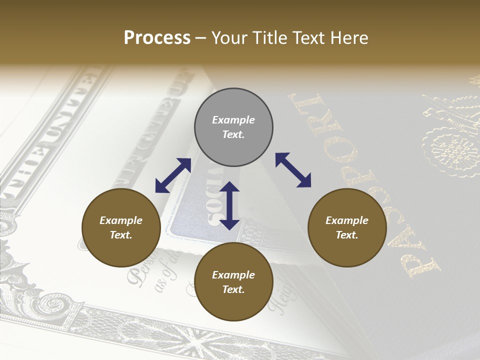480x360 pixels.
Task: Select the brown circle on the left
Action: (x=121, y=227)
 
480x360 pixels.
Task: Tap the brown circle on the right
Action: (x=347, y=227)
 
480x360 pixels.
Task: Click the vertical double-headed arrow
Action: (x=229, y=205)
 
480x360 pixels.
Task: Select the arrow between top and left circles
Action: (x=173, y=175)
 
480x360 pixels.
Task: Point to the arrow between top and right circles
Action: (x=293, y=170)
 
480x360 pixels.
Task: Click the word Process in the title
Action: (x=157, y=38)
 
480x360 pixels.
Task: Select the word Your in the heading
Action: (x=229, y=38)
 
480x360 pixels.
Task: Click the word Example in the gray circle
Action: (x=233, y=120)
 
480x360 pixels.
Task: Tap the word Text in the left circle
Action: (x=121, y=235)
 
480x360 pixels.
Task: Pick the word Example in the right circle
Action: (x=347, y=220)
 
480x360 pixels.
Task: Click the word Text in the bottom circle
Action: (x=233, y=289)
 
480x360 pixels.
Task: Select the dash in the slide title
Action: (x=201, y=38)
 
